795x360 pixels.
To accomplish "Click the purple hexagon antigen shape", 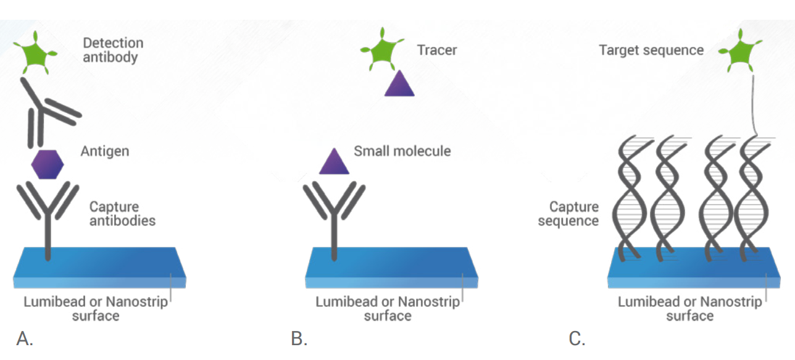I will pos(48,164).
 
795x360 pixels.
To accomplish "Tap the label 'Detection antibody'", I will pos(113,50).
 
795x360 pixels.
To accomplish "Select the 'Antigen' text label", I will pos(104,151).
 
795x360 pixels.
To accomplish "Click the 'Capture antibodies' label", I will pos(122,214).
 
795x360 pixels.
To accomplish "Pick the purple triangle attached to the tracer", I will pos(399,84).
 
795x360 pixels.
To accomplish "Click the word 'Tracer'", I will pos(437,50).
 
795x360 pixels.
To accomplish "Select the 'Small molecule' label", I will pos(402,151).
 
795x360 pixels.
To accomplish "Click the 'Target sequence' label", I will pos(651,50).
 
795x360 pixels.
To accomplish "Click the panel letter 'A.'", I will pos(24,338).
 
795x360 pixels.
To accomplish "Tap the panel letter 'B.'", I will pos(299,338).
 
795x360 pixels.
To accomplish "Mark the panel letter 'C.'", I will pos(577,338).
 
